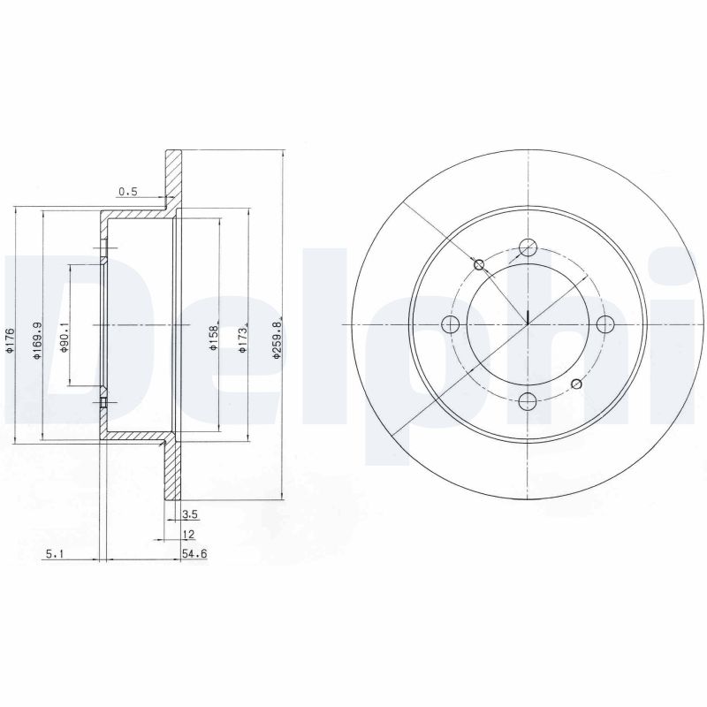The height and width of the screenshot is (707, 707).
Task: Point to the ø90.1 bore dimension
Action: (65, 338)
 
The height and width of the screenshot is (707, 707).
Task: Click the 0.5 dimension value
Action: (128, 191)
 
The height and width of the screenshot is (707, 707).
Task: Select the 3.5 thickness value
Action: (188, 513)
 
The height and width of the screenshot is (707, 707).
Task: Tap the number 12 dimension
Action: (188, 535)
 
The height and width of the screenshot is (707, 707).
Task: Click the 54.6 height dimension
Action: (193, 554)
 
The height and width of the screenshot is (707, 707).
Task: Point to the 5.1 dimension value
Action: (53, 554)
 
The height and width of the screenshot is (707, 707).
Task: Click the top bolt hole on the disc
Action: (528, 247)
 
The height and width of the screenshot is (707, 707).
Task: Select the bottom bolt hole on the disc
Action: (528, 402)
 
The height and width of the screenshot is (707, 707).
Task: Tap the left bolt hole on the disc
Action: (450, 324)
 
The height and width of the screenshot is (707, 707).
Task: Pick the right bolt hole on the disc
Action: (605, 324)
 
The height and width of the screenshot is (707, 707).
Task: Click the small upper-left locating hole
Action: (479, 264)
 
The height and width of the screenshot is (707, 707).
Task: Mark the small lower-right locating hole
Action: (576, 384)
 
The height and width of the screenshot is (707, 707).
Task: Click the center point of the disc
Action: (528, 324)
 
